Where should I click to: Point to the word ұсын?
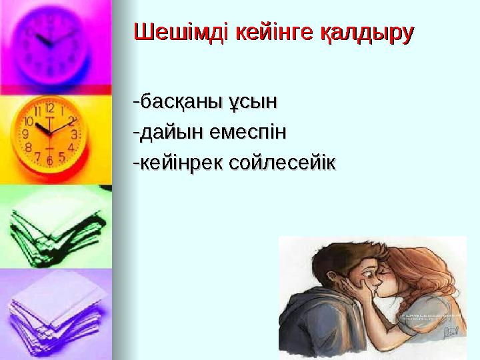pos(252,103)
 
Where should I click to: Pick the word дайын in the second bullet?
pos(169,132)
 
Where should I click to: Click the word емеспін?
pos(247,132)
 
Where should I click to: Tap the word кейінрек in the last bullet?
pos(178,161)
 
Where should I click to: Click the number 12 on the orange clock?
pos(49,107)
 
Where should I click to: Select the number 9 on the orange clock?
pos(25,133)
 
